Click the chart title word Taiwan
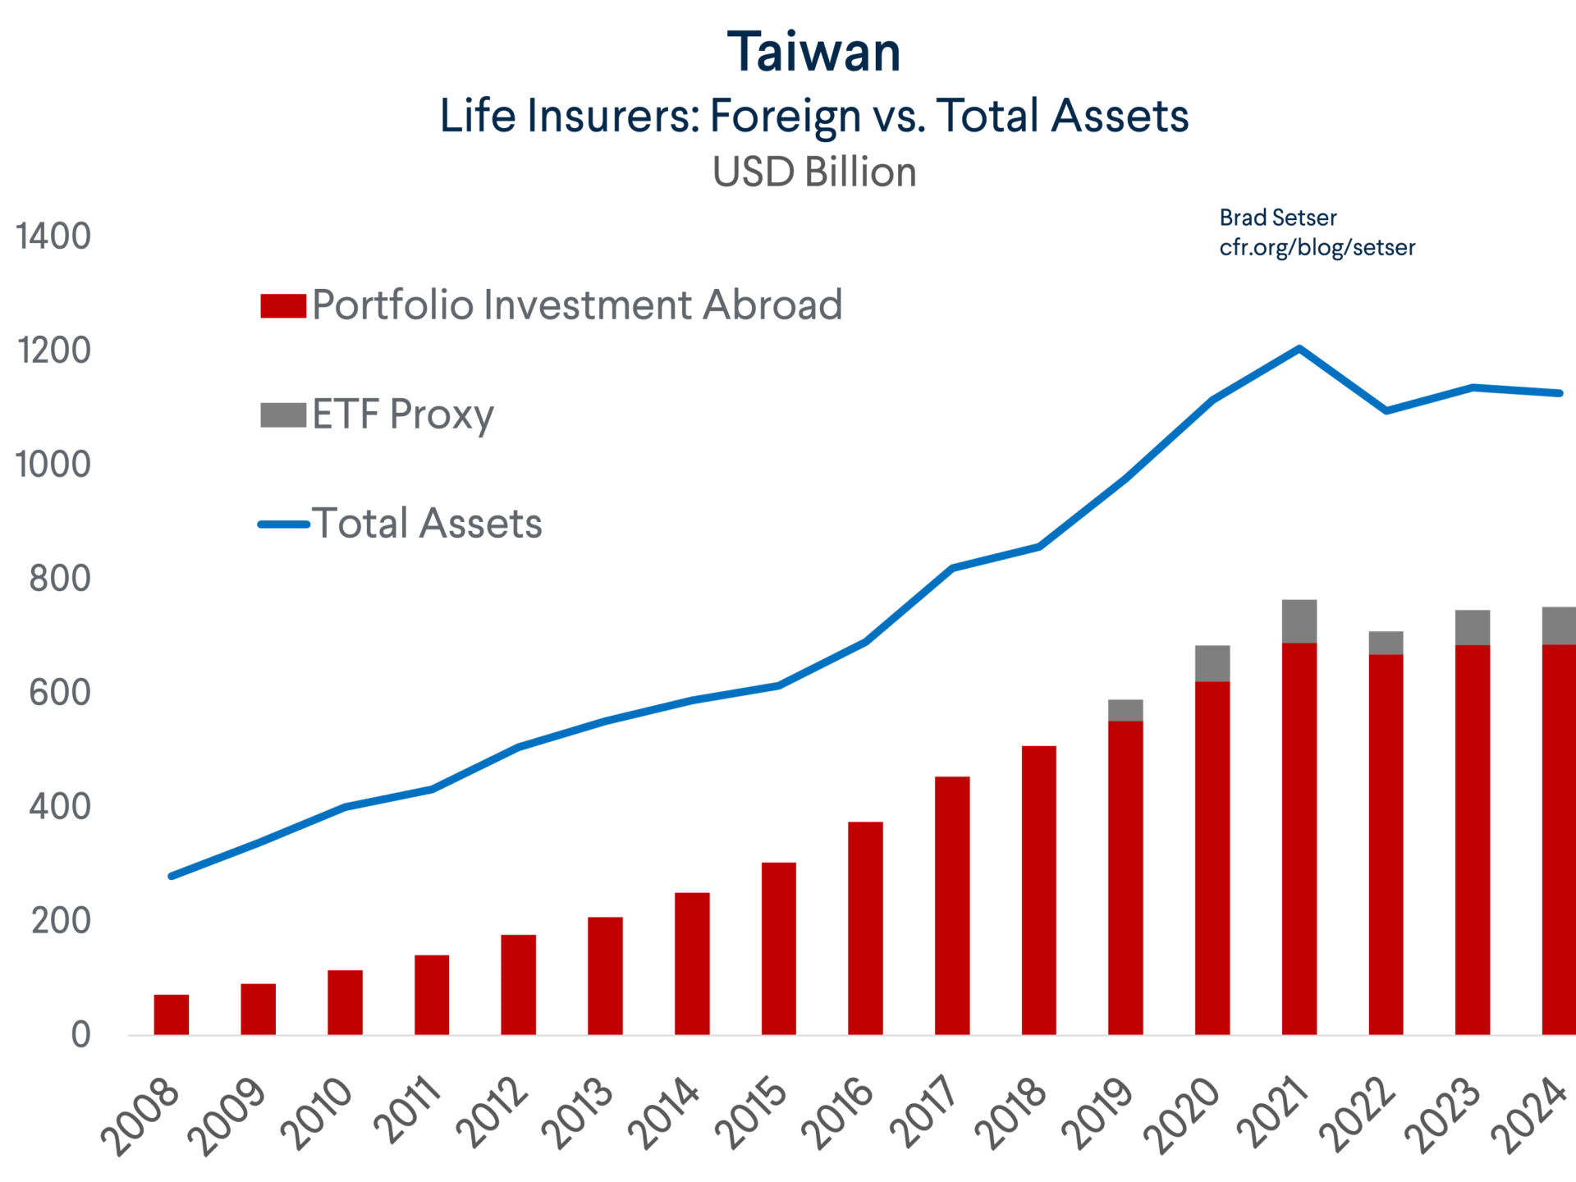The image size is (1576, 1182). (x=814, y=52)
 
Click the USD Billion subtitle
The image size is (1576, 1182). (x=814, y=172)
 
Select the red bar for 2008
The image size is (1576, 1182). (x=172, y=1015)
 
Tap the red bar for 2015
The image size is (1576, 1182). (x=779, y=949)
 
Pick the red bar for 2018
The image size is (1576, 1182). (x=1039, y=891)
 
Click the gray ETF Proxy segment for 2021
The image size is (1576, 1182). (x=1299, y=621)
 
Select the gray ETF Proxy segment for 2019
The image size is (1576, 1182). (x=1125, y=711)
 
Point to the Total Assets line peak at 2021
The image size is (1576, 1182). (x=1299, y=348)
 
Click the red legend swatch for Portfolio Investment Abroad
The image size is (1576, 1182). (x=283, y=305)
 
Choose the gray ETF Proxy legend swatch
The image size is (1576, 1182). (x=283, y=415)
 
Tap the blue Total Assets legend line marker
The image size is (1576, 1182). (x=284, y=525)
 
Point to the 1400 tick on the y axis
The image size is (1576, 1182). (x=53, y=236)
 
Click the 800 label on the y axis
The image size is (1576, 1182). (x=60, y=579)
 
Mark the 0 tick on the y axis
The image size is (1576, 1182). (x=80, y=1035)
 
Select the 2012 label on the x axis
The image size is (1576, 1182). (x=494, y=1113)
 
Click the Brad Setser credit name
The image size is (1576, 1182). (x=1278, y=218)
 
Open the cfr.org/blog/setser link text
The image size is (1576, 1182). (x=1317, y=248)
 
